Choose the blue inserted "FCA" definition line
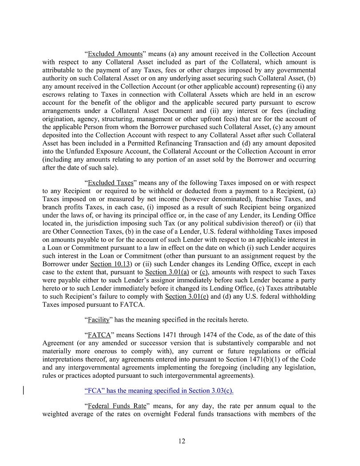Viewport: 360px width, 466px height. [158, 391]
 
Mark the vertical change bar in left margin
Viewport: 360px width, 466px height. [23, 391]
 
